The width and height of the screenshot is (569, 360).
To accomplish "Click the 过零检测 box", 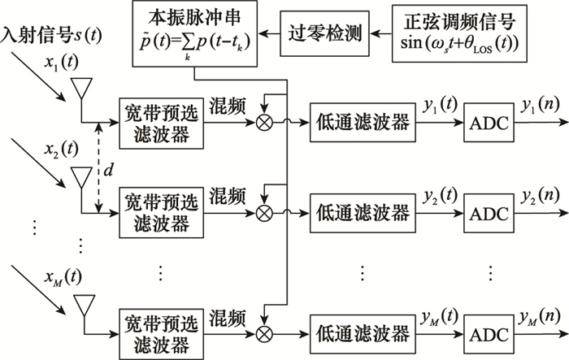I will [324, 33].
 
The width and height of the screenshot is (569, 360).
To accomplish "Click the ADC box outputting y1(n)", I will [489, 124].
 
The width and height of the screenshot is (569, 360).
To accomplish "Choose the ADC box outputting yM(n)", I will [489, 332].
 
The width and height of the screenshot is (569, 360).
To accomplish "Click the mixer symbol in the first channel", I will [264, 124].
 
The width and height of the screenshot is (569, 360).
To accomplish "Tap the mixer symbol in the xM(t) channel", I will [264, 332].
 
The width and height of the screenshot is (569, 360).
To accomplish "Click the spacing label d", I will [106, 172].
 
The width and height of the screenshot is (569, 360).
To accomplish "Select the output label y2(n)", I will [538, 195].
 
